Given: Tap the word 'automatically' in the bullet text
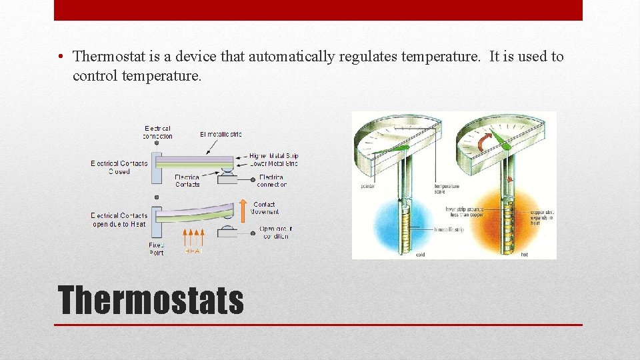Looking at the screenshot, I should tap(292, 57).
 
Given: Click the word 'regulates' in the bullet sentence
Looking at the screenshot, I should tap(369, 57).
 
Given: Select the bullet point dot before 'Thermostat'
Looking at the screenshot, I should tap(61, 57).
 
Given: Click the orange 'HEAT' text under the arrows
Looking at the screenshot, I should tap(193, 252).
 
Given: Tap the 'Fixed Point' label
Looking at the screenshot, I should tap(156, 249).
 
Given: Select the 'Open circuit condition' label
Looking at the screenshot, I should tap(275, 233).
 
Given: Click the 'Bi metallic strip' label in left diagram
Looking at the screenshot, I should tap(221, 135).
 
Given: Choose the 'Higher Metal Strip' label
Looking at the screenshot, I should tap(274, 156).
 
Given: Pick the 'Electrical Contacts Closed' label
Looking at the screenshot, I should tap(119, 167).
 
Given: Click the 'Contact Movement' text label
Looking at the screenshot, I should tap(265, 208).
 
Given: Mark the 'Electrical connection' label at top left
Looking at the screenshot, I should tap(157, 132).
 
